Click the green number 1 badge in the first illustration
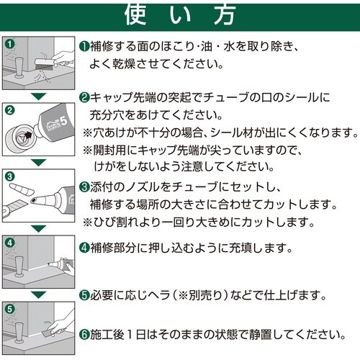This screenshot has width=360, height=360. pyautogui.click(x=10, y=44)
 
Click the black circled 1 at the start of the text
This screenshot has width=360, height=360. pyautogui.click(x=84, y=46)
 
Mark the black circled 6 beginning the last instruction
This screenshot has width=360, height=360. pyautogui.click(x=84, y=335)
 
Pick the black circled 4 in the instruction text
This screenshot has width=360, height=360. pyautogui.click(x=84, y=248)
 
